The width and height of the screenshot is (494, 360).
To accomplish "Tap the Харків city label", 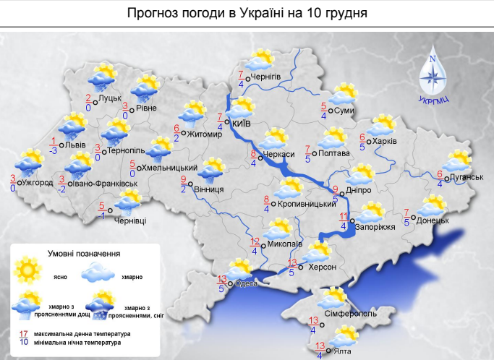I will click(386, 141).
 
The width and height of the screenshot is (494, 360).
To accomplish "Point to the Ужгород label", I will click(38, 182).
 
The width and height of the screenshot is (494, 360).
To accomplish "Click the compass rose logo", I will click(434, 75).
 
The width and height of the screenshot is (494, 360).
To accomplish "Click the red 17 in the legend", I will click(24, 333).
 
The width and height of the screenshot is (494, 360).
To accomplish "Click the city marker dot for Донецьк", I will click(415, 219).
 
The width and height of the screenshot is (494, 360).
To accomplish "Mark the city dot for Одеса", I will click(231, 283).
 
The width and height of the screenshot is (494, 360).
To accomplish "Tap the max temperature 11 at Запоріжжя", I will click(344, 215).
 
